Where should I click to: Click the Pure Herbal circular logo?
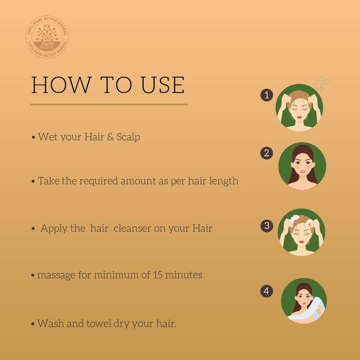(x=47, y=37)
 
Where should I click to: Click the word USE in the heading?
(x=163, y=85)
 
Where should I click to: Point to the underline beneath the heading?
(x=109, y=104)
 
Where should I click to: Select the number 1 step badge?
(x=266, y=95)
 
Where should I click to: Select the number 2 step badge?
(x=266, y=153)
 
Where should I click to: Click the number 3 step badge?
(x=266, y=226)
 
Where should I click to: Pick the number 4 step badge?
(x=266, y=291)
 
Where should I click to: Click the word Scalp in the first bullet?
(x=128, y=137)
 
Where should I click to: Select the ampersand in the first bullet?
(x=110, y=137)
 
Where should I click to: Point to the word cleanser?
(x=133, y=228)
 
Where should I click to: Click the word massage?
(x=56, y=275)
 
